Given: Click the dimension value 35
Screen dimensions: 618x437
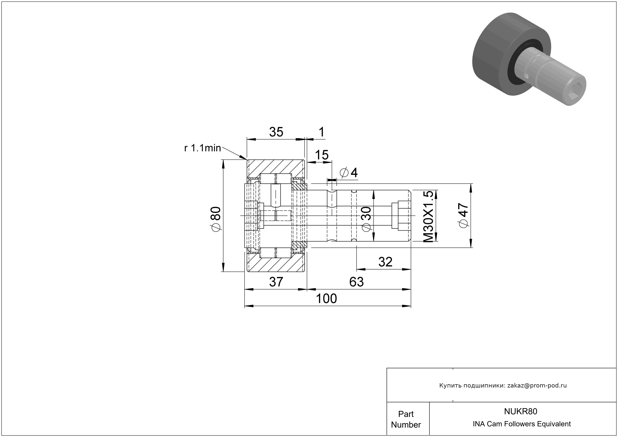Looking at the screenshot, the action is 276,132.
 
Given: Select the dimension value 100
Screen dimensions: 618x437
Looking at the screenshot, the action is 326,299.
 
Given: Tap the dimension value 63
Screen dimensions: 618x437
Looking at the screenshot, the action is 356,282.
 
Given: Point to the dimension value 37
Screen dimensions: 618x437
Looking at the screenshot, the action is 276,282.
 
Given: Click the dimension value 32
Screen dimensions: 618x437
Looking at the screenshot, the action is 385,262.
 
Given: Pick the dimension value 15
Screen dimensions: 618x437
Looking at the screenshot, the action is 322,155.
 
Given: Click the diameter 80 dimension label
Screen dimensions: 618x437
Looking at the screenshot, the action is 217,219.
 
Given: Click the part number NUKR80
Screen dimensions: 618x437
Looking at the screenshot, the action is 521,411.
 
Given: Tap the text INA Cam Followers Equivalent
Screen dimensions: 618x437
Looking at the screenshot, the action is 522,424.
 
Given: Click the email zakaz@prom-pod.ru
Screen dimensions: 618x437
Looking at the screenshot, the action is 537,386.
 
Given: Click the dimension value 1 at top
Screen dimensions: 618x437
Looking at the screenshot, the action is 321,132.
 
